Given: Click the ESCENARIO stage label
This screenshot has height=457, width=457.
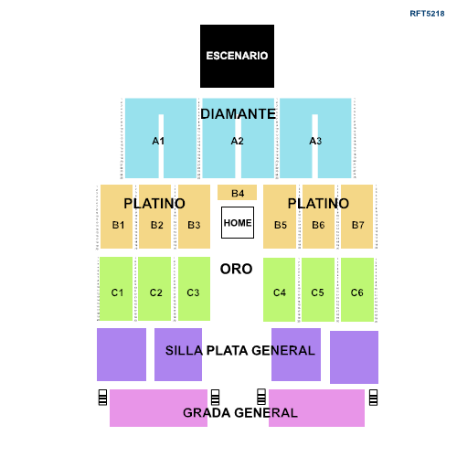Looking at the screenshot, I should pos(237,56).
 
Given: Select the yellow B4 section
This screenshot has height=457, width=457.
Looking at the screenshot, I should pos(237,193).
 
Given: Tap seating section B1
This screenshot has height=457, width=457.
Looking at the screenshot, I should pos(117,224).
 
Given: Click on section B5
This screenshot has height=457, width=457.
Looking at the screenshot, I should pos(280,224).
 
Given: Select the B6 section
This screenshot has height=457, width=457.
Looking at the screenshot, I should pos(318,224).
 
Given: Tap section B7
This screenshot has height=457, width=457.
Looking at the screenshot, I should pos(356,224).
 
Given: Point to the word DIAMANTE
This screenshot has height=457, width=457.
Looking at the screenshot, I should pos(238,114).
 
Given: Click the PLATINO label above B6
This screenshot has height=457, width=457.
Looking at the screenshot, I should pos(318,203).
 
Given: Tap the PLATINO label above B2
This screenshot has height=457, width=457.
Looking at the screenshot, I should pos(154,203).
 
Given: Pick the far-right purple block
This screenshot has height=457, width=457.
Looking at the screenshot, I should pos(354,357).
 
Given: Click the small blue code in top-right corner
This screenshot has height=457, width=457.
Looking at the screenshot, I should pos(427,14).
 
